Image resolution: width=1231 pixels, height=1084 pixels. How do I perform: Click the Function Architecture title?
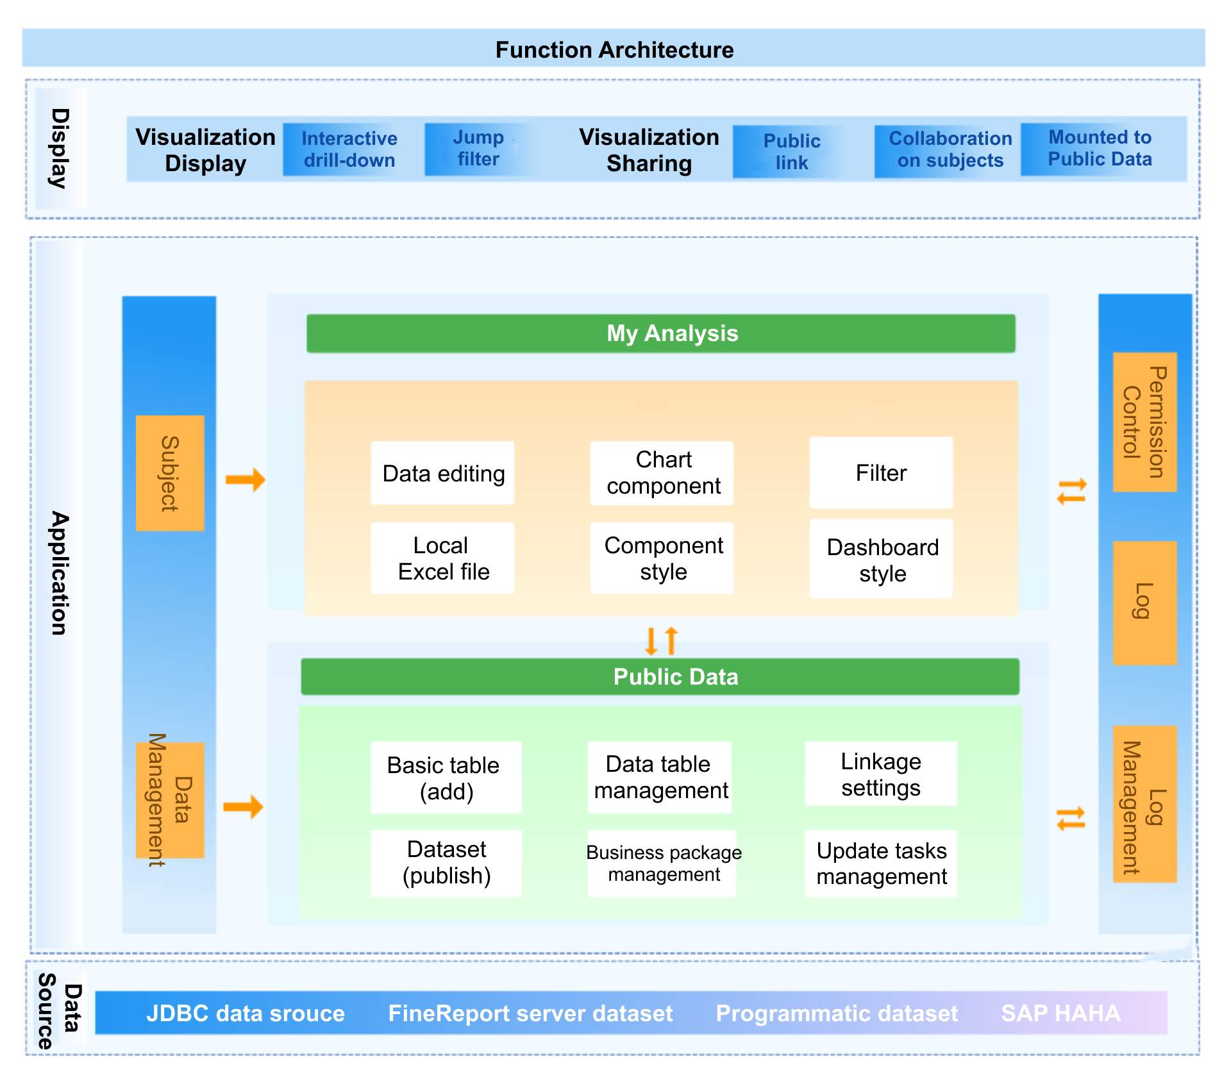(x=614, y=49)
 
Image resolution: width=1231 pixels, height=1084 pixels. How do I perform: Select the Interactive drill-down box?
(x=349, y=149)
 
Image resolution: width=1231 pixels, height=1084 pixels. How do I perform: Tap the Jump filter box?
(x=478, y=149)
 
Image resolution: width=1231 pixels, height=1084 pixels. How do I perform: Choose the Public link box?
(x=791, y=152)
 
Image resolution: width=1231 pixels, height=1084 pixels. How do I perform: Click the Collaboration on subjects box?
(x=950, y=150)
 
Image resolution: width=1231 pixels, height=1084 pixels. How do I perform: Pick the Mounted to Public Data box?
(x=1100, y=149)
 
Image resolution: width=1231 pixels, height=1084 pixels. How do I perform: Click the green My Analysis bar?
(x=660, y=333)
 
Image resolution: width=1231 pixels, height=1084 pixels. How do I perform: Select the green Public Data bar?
(x=660, y=677)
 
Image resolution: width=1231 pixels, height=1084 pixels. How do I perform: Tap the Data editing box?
(x=442, y=474)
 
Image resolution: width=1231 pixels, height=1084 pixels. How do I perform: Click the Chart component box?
(x=662, y=473)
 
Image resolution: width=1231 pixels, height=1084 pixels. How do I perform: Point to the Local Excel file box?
(x=442, y=558)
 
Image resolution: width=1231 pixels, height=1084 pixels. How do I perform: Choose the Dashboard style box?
(x=882, y=560)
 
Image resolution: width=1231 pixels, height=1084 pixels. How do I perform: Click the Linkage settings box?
(x=880, y=774)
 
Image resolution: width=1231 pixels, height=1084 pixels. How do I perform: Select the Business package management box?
(x=662, y=863)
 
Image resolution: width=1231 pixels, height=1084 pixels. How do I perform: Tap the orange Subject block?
(x=170, y=473)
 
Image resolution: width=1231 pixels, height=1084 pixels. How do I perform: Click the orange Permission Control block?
(x=1144, y=422)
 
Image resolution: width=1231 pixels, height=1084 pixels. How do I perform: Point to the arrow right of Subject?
(x=246, y=479)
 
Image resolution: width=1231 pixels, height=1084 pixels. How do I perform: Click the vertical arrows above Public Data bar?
(x=661, y=640)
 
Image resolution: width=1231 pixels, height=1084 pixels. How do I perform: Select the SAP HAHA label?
(x=1060, y=1013)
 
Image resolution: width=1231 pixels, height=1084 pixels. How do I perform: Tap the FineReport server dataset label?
(x=530, y=1013)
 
